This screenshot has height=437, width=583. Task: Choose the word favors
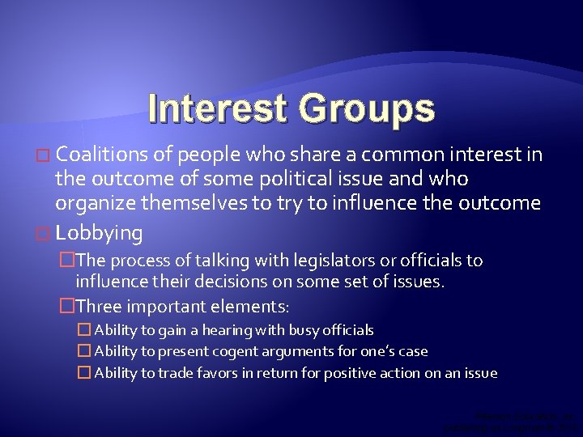click(x=225, y=373)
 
